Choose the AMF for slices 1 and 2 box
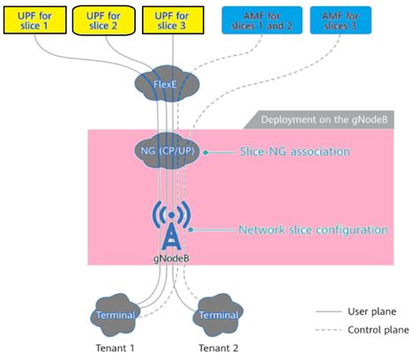(x=260, y=19)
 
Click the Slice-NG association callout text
(x=295, y=152)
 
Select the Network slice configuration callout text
(x=313, y=229)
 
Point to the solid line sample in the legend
(x=328, y=311)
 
